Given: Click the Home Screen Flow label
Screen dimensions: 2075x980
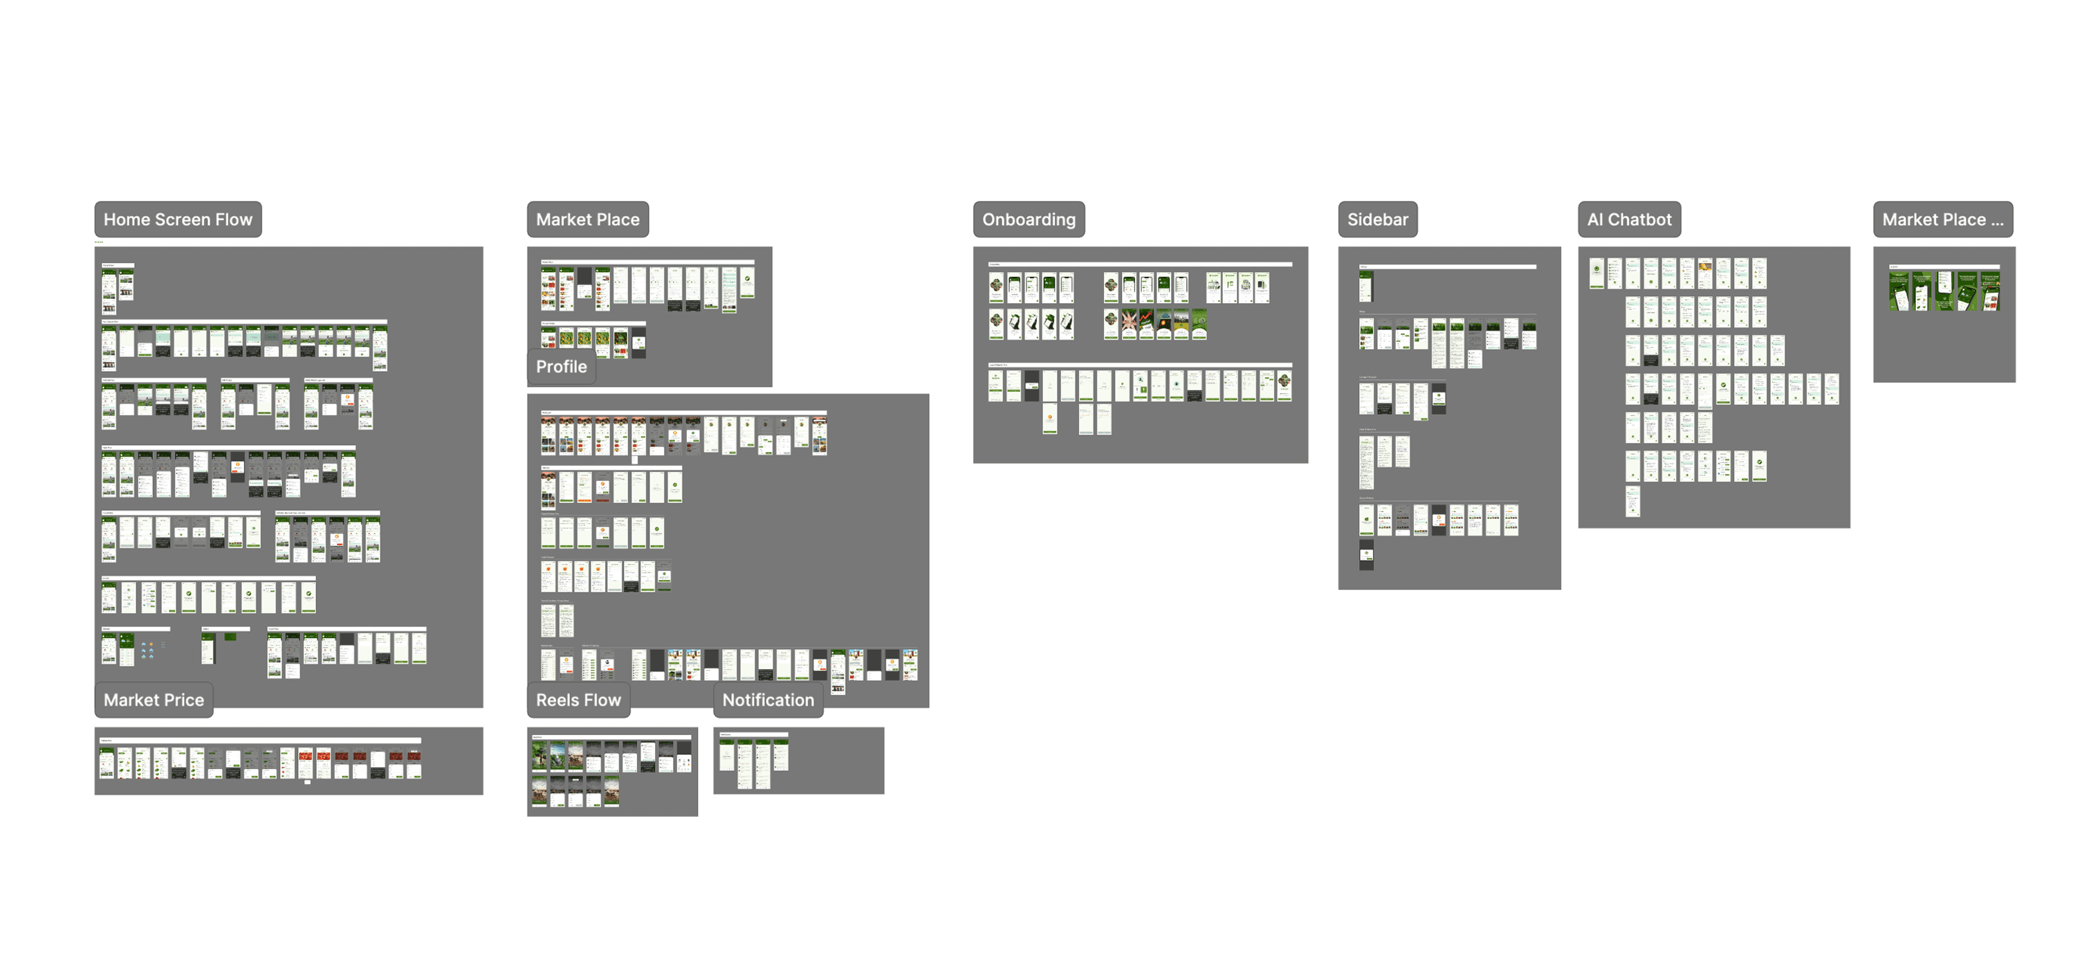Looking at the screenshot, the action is (178, 219).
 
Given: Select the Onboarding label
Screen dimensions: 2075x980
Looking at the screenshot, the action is (1029, 219).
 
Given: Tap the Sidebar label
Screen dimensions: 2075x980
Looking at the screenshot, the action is (1377, 219).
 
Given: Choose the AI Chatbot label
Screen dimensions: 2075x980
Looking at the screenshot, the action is (1629, 219).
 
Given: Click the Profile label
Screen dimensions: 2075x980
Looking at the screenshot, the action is (562, 367).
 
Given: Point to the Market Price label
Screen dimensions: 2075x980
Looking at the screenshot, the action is (154, 700).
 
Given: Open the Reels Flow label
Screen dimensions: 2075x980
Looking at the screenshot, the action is (578, 700).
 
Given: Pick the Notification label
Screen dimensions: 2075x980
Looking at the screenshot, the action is (768, 700).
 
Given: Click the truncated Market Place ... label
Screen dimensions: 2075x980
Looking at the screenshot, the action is (1942, 219).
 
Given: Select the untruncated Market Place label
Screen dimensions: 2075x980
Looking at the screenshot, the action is (587, 219).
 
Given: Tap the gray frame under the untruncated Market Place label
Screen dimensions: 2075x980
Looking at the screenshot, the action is (709, 354).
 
